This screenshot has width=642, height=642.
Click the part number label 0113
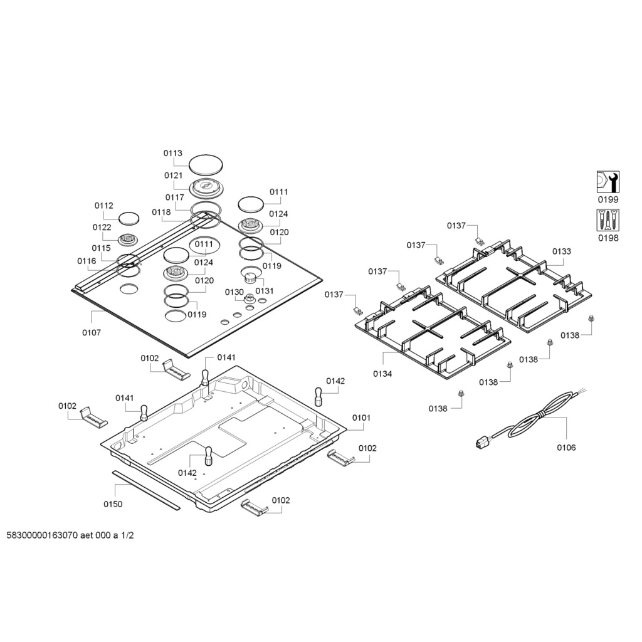[x=173, y=153]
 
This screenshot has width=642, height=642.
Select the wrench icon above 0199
[x=608, y=182]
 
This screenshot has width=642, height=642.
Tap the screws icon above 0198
[x=608, y=220]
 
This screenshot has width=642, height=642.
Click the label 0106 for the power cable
[x=566, y=448]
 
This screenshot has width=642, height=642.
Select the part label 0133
[x=562, y=251]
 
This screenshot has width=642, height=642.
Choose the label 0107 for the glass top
[x=91, y=333]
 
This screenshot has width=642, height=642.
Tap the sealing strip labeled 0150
[x=146, y=489]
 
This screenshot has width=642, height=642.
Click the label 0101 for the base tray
[x=361, y=417]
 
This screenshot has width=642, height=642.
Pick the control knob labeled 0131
[x=251, y=275]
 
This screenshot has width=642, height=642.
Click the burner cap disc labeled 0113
[x=205, y=164]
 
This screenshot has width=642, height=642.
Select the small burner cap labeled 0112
[x=129, y=219]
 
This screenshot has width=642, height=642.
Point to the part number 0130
[x=234, y=292]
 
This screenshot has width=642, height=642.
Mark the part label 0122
[x=102, y=227]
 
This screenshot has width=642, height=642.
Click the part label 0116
[x=87, y=261]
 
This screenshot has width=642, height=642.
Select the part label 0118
[x=161, y=212]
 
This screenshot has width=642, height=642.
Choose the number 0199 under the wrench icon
[x=608, y=199]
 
